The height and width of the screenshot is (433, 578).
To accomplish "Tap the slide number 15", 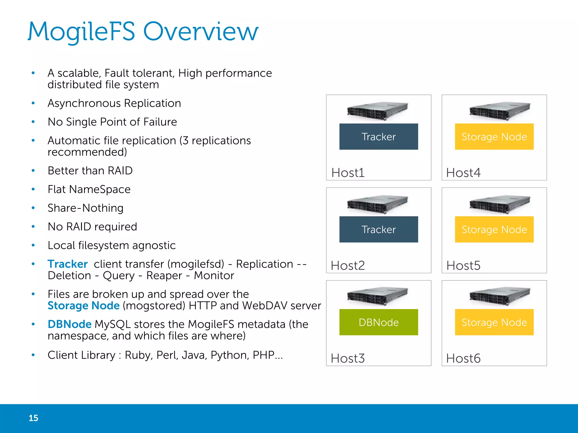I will (33, 418).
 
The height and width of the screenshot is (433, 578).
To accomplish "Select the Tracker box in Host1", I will (378, 137).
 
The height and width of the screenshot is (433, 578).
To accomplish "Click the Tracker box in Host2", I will (378, 229).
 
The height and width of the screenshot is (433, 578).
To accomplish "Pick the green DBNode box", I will (378, 322).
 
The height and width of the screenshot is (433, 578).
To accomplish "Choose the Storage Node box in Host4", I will (494, 137).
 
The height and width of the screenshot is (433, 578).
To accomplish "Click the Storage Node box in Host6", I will (494, 322).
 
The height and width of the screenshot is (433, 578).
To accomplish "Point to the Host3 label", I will (348, 358).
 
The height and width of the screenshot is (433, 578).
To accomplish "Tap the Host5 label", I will (463, 266).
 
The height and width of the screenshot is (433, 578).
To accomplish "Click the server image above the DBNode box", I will (378, 296).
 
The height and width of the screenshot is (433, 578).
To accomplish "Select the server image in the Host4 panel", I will (500, 111).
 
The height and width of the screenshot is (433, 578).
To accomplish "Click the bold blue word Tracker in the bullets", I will (67, 264).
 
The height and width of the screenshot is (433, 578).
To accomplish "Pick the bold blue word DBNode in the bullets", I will (69, 324).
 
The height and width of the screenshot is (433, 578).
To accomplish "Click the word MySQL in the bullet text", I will (113, 324).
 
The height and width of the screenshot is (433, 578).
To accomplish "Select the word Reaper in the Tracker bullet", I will (164, 276).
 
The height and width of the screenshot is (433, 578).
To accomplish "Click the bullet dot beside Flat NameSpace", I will (33, 189).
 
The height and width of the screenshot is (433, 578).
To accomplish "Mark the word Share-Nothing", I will (86, 208).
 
